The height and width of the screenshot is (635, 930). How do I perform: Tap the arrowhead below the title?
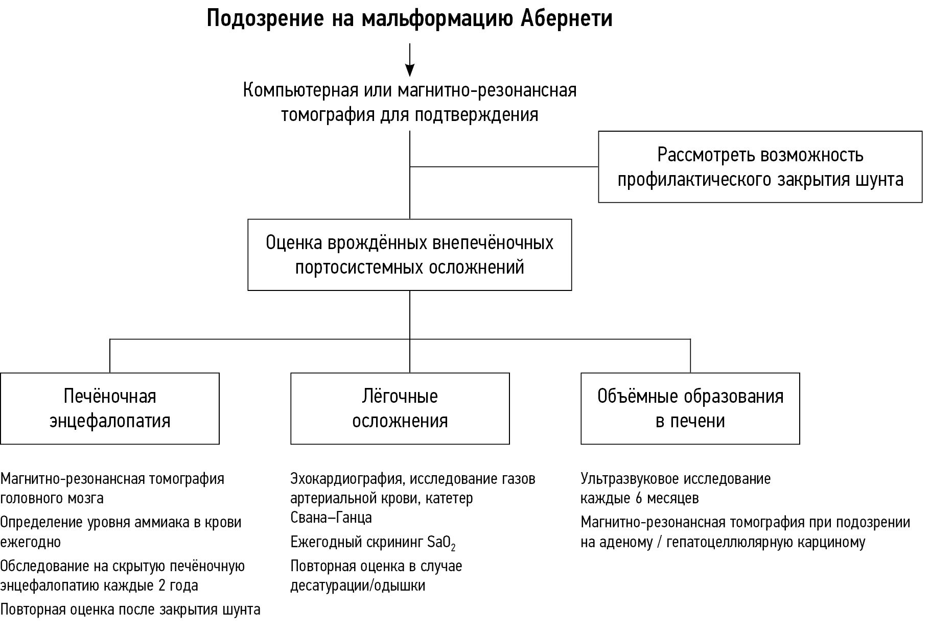pos(410,69)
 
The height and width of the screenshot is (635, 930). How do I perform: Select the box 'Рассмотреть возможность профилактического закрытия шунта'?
pos(760,167)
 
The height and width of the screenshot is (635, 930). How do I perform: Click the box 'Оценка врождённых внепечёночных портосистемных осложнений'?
pos(410,255)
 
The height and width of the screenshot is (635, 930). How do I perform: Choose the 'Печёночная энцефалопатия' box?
pos(110,408)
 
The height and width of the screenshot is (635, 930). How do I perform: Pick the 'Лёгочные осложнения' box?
pos(400,408)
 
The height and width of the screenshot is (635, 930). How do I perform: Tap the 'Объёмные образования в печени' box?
pos(690,408)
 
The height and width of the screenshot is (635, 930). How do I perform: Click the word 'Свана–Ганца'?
pos(331,518)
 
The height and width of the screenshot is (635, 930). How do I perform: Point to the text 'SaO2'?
pos(441,543)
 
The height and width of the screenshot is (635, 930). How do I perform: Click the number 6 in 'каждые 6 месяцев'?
pos(639,498)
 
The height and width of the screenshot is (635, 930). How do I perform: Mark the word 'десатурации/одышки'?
pos(358,585)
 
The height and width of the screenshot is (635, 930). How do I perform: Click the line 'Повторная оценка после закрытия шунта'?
pos(130,609)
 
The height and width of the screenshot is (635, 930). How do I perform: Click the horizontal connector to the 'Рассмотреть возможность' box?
pos(504,166)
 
